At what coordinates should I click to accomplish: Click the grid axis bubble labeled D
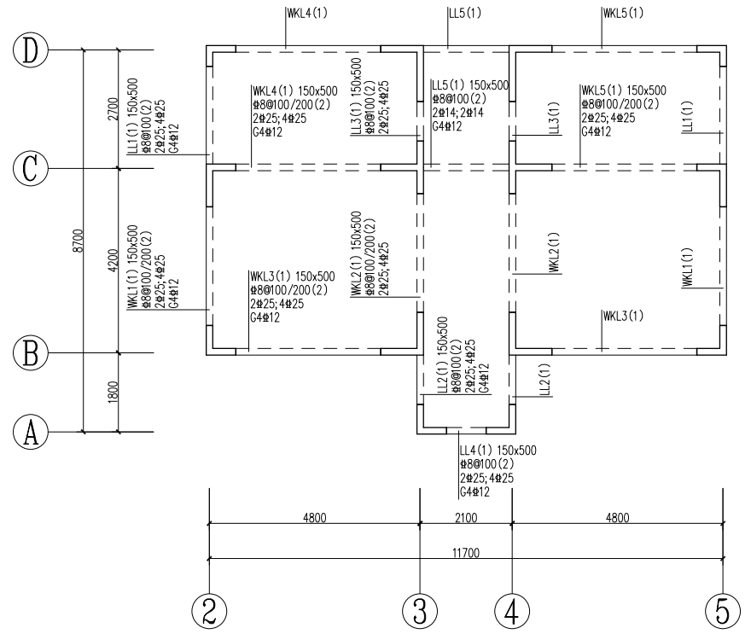click(x=31, y=50)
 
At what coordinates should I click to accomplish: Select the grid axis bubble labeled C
click(x=31, y=168)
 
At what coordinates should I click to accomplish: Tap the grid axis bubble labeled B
click(x=31, y=352)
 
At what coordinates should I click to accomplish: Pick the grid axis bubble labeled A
click(x=31, y=432)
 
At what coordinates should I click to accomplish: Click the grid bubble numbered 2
click(x=209, y=609)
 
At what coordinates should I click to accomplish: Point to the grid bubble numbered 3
click(x=419, y=609)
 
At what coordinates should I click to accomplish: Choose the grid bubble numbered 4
click(x=512, y=609)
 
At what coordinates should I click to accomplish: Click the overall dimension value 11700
click(x=466, y=553)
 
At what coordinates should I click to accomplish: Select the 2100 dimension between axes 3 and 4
click(x=466, y=516)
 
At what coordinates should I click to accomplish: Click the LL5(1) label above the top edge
click(x=465, y=13)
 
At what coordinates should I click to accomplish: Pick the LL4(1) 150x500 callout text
click(x=498, y=451)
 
